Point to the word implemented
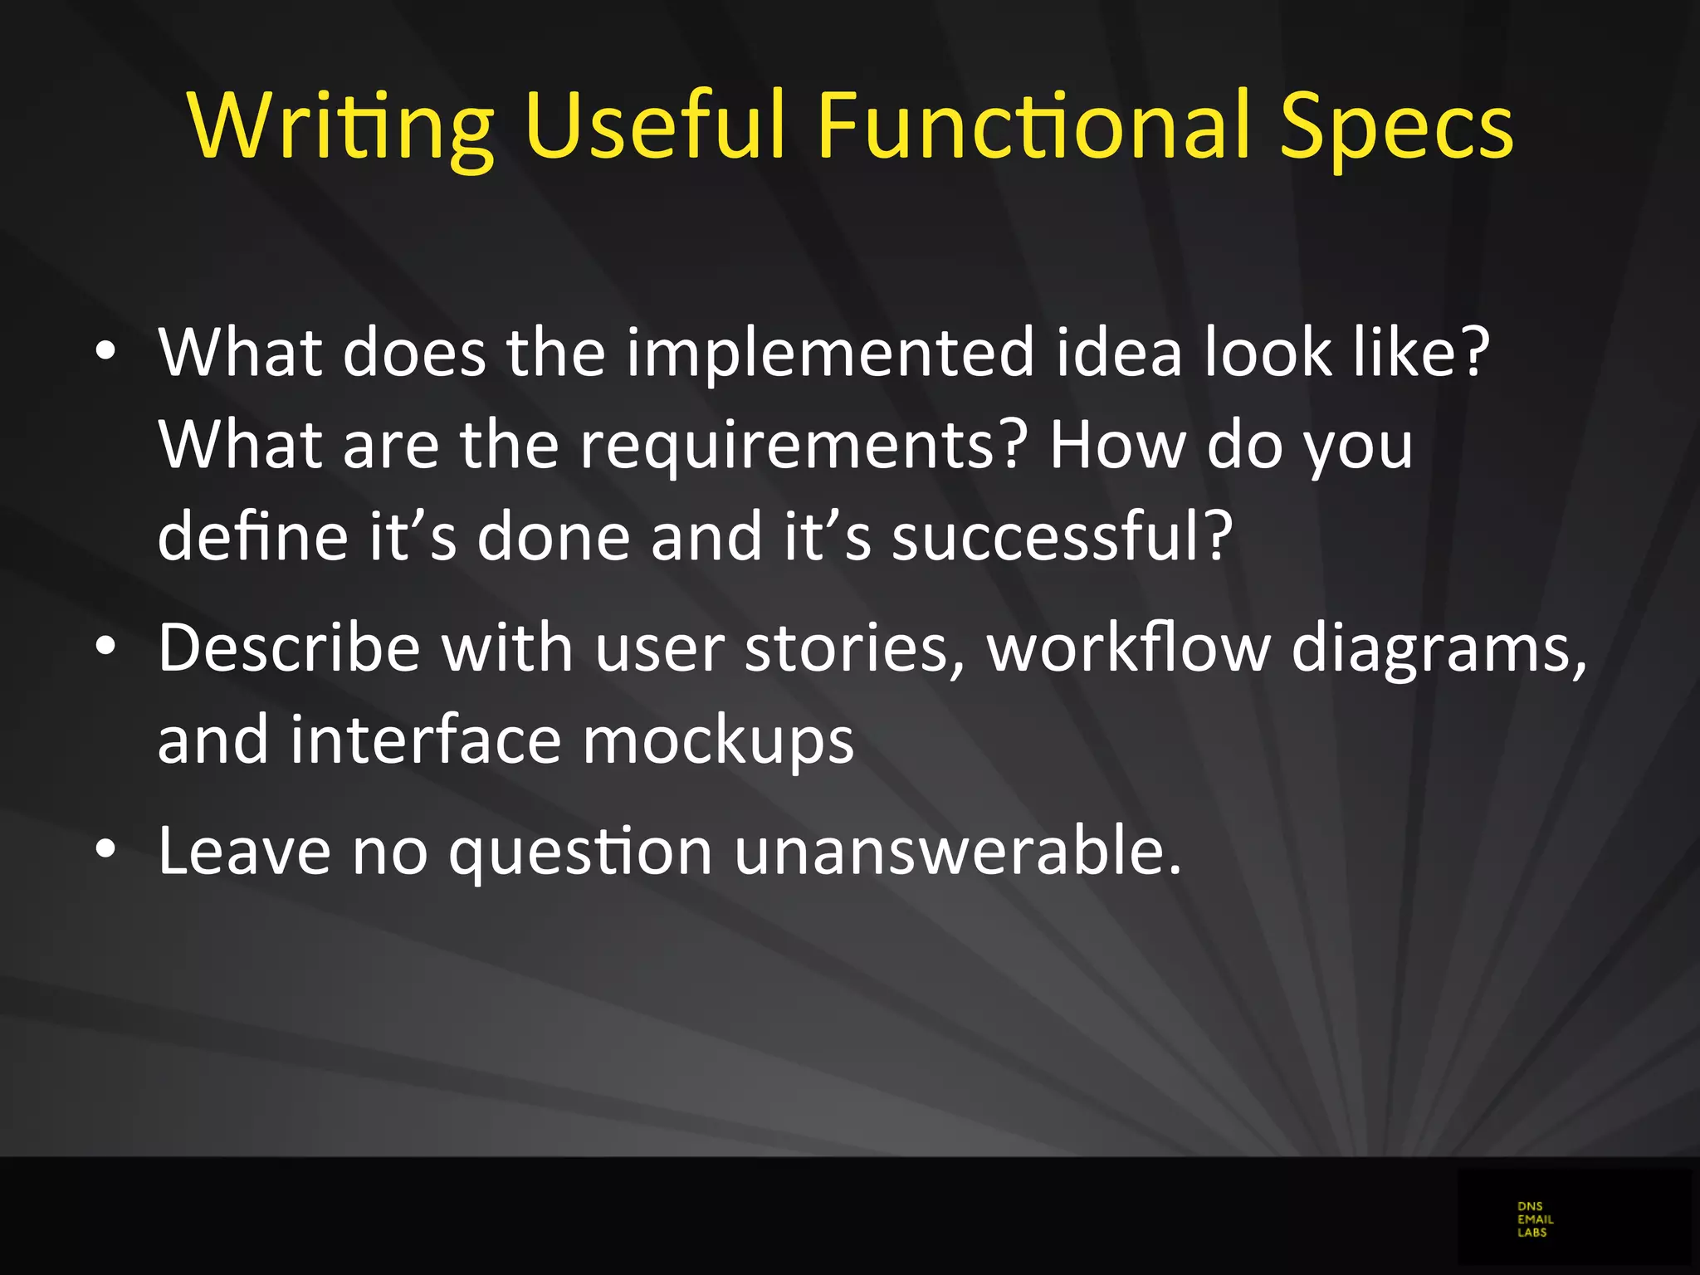pos(830,353)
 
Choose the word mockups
pos(717,740)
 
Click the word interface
pos(425,740)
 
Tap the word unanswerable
pos(957,852)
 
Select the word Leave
pos(244,852)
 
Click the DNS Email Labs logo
pos(1534,1219)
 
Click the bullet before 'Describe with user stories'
pos(105,647)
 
